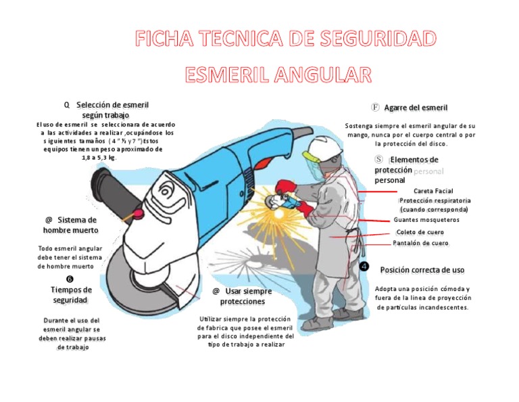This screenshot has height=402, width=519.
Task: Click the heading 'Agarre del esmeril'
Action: point(416,108)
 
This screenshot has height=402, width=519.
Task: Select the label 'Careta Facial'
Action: point(433,191)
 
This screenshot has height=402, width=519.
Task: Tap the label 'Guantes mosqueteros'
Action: point(426,220)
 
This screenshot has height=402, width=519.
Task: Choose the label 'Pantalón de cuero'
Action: point(420,243)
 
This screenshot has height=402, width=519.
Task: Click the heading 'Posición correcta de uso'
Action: point(422,269)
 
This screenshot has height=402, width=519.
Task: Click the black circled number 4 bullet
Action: point(365,267)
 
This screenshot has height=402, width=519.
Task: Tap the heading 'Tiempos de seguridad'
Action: point(72,294)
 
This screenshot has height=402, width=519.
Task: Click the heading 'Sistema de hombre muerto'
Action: point(71,225)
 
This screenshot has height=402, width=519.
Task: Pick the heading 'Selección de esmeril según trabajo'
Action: point(111,110)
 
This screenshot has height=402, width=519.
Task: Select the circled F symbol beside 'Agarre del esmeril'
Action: point(376,108)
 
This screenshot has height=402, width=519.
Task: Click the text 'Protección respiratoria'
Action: point(435,201)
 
